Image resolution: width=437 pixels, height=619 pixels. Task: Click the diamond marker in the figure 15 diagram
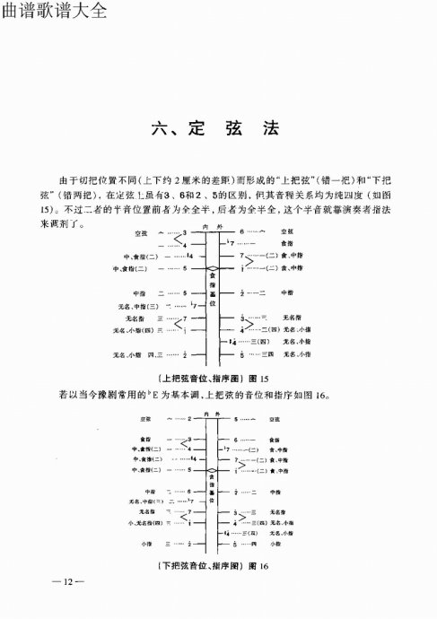(x=212, y=268)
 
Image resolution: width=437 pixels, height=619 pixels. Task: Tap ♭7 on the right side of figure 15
(x=232, y=244)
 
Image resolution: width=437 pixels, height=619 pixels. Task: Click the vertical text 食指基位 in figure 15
(x=212, y=292)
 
